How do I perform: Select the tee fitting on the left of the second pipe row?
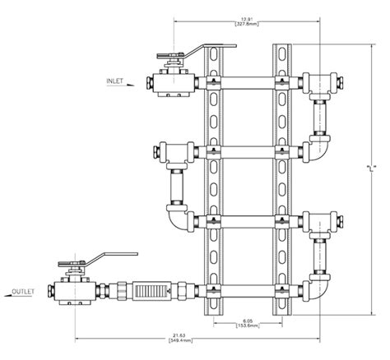tap(174, 153)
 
